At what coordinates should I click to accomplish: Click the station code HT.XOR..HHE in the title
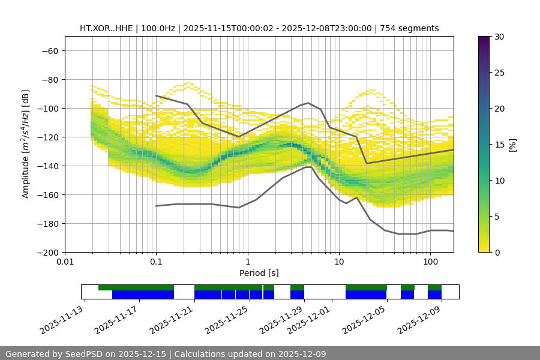coord(108,28)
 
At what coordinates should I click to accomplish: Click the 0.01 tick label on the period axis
coord(65,262)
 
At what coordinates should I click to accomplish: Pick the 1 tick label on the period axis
coord(247,262)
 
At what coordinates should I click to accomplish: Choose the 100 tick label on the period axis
coord(430,262)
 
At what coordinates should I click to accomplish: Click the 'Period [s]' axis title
coord(259,273)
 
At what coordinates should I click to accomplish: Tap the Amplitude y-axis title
coord(26,144)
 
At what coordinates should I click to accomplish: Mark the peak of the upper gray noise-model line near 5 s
coord(308,103)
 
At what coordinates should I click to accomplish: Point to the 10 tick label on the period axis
coord(338,262)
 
